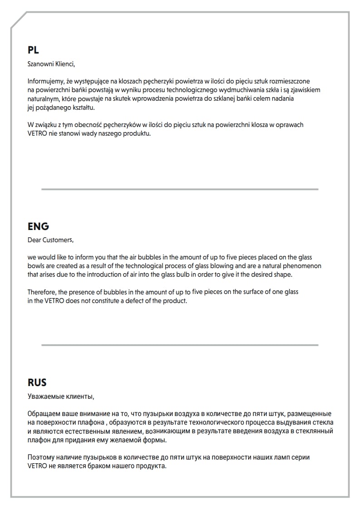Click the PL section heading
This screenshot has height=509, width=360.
click(x=33, y=50)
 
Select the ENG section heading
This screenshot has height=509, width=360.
click(x=38, y=226)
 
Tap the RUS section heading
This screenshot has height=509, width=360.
click(x=37, y=382)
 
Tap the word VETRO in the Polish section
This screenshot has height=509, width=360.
click(x=37, y=133)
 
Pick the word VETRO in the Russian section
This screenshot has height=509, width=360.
click(x=37, y=466)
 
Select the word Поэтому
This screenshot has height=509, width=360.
click(x=41, y=457)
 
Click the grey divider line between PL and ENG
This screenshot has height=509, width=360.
click(x=180, y=189)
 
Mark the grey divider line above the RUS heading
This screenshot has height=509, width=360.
click(x=180, y=345)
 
